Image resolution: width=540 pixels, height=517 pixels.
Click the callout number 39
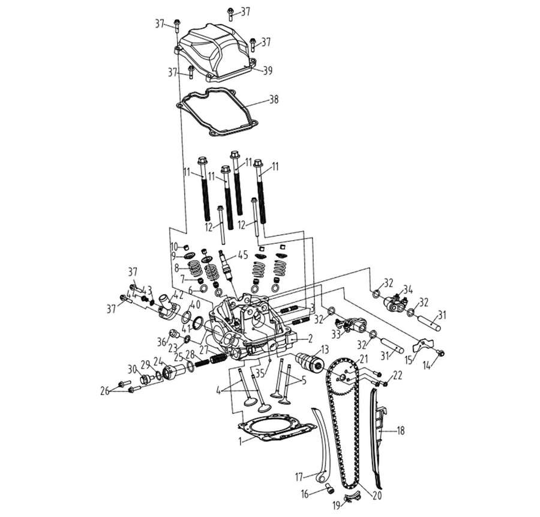267,71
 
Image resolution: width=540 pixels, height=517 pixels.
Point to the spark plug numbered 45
227,267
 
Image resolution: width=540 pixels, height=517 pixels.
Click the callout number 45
242,255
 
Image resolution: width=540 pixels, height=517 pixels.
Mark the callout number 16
305,494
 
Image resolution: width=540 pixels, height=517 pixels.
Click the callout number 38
274,100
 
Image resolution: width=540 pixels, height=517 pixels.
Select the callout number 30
132,369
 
